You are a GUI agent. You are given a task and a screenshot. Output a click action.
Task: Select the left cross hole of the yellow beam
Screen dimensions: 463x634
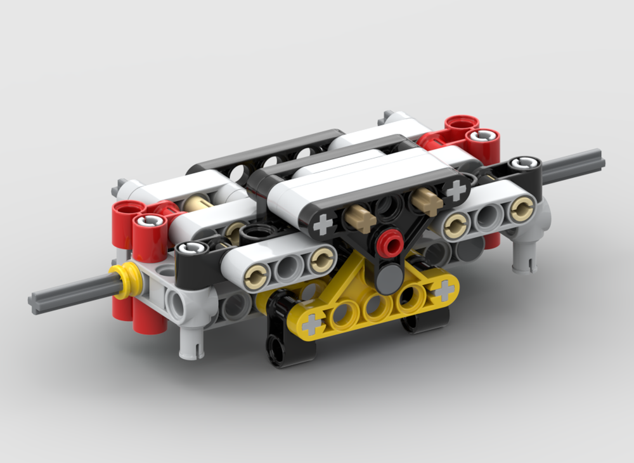coord(311,324)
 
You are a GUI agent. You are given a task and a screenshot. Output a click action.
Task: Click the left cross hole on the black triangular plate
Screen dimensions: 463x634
coord(324,223)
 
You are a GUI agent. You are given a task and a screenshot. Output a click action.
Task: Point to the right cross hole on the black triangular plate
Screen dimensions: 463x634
coord(455,189)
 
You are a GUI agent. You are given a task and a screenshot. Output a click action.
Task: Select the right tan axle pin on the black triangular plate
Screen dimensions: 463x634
coord(426,200)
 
